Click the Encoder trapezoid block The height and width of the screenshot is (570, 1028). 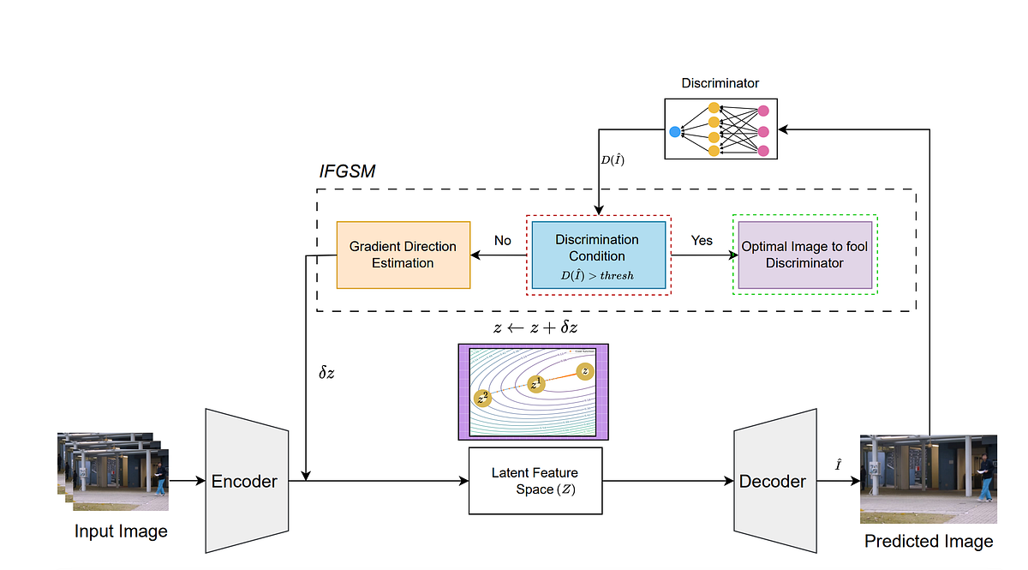[246, 481]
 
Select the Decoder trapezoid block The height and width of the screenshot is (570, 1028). [772, 481]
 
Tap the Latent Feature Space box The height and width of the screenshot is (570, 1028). [535, 481]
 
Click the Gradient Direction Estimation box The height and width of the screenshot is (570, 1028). [403, 255]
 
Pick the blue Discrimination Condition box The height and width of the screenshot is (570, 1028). [598, 255]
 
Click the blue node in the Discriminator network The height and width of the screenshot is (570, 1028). [674, 132]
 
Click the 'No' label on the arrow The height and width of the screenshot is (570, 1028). [503, 241]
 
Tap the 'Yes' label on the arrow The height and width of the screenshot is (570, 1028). [702, 241]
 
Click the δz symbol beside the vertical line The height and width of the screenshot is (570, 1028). [327, 374]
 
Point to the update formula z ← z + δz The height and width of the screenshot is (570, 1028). [535, 328]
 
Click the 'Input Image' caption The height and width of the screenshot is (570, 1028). [121, 531]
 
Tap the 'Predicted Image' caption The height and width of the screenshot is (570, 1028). [929, 541]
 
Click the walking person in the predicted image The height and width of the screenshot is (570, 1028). [987, 477]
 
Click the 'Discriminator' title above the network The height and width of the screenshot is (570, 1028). [720, 84]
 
